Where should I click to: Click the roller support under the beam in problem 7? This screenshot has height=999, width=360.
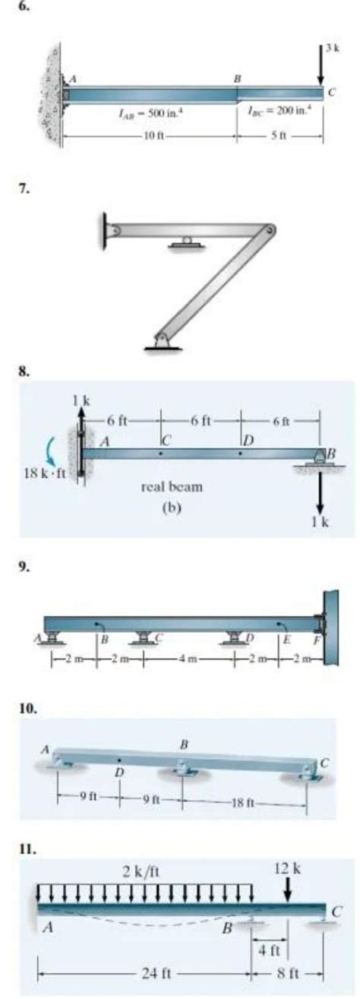pos(182,243)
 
